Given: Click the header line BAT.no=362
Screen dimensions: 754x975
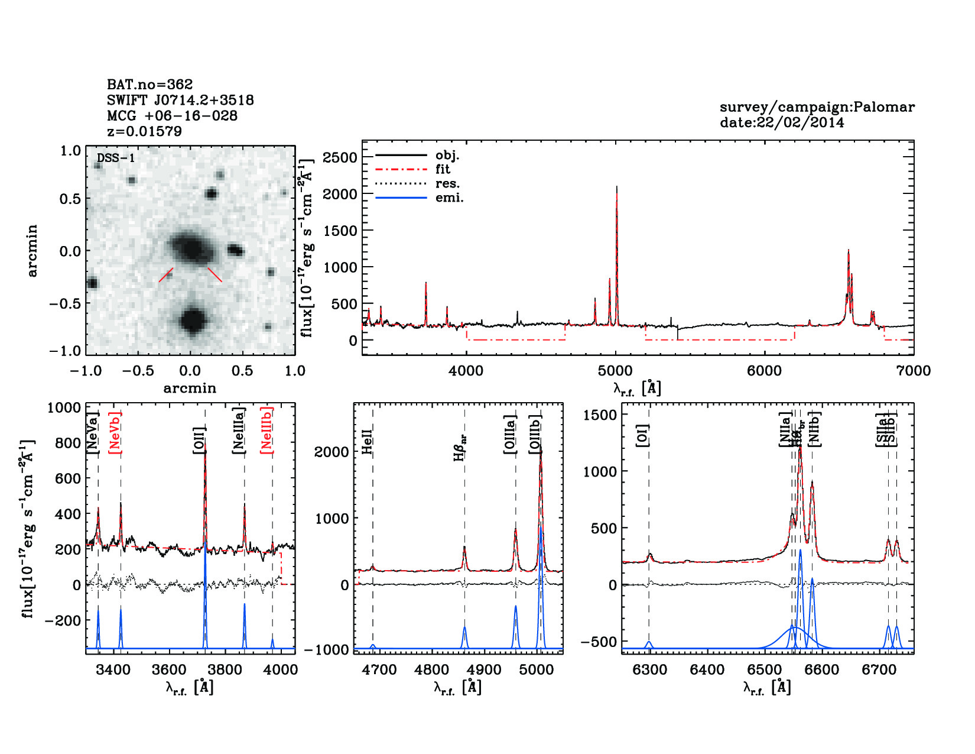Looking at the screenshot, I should tap(149, 85).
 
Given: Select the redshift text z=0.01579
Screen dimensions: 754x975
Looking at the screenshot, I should tap(144, 131).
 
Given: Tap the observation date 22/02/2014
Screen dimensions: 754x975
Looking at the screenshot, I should tap(800, 123).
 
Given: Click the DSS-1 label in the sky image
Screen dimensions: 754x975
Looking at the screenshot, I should tap(116, 158).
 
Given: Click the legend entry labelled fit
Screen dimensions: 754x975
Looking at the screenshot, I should tap(443, 169).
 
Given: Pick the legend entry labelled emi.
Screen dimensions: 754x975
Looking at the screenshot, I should tap(449, 198).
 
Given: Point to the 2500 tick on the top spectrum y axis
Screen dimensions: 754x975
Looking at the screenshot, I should tap(340, 157).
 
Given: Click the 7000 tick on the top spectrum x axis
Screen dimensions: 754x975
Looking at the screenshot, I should tap(914, 371).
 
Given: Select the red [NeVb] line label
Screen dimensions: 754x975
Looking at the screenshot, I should tap(115, 433).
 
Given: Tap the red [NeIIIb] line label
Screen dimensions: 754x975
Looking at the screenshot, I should tap(267, 430).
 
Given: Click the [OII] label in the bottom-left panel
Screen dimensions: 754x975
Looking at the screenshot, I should tap(199, 441).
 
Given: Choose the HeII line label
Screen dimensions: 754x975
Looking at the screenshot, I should tap(368, 442).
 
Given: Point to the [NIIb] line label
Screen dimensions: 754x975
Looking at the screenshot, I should tap(815, 429).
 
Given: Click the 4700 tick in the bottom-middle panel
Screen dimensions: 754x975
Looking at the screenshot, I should tap(379, 669).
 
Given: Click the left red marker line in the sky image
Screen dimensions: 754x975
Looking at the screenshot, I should tap(166, 274).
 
